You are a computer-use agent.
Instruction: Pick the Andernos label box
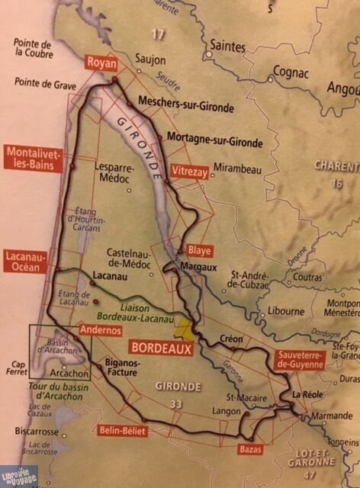(x=98, y=330)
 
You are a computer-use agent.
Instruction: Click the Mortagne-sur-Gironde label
(x=216, y=142)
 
